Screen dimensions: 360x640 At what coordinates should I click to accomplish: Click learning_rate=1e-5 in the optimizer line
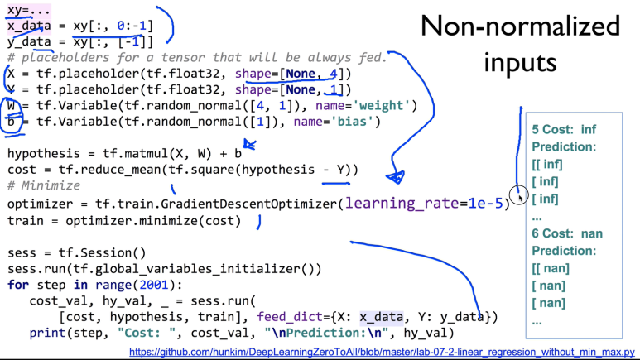tap(425, 204)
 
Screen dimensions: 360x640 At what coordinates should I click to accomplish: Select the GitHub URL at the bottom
tap(383, 352)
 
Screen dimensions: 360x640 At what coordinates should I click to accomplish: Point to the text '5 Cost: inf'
tap(564, 130)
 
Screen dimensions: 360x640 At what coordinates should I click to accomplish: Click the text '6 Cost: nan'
tap(567, 234)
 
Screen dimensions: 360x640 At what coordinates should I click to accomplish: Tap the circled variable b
tap(11, 122)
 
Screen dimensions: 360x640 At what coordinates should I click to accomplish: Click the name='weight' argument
tap(364, 106)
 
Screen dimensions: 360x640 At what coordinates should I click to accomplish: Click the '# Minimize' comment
tap(43, 186)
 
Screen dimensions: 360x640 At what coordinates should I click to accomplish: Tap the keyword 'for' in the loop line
tap(17, 285)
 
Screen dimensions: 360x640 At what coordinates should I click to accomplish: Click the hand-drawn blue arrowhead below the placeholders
tap(396, 175)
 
